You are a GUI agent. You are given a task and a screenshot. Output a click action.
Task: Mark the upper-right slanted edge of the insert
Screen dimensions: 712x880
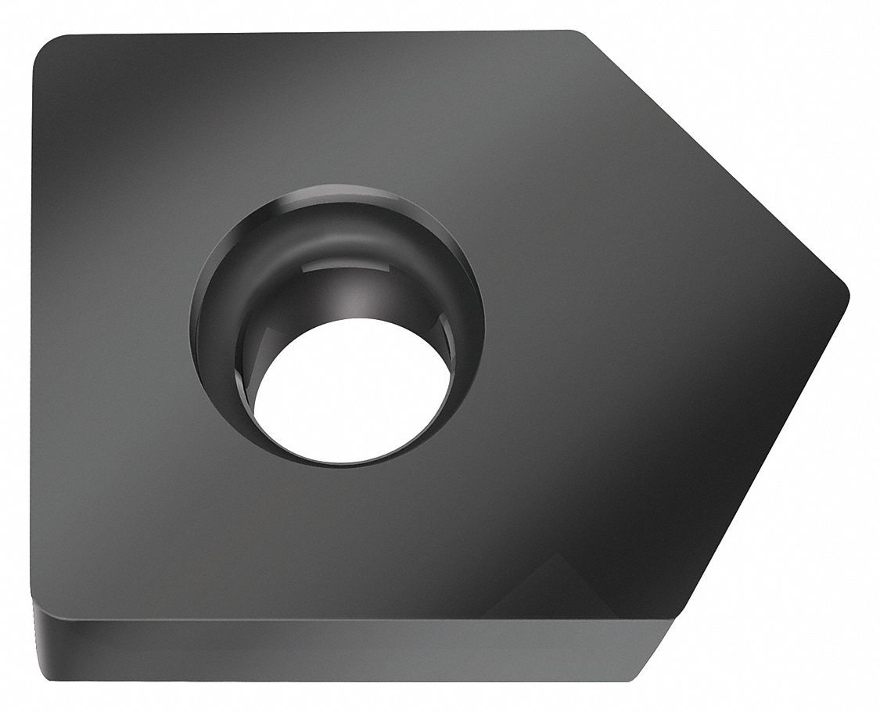click(x=712, y=156)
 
